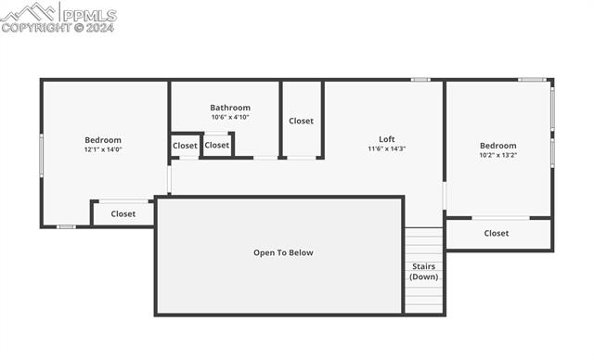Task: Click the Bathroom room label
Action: point(230,108)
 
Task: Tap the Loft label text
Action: point(387,139)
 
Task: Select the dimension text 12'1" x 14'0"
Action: point(103,149)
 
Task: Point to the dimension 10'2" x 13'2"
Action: point(497,155)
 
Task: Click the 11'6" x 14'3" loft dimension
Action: point(387,148)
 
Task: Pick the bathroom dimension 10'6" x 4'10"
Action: point(230,118)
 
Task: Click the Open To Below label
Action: point(283,252)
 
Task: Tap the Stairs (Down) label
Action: point(424,272)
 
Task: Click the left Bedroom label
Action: point(103,140)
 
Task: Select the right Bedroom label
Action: point(497,146)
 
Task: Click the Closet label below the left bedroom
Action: point(123,214)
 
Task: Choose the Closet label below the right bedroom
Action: point(497,234)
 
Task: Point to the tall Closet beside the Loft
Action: point(301,121)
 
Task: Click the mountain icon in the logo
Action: point(28,12)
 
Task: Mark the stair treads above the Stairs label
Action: point(424,245)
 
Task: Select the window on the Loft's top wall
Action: point(420,80)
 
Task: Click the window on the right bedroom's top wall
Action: point(532,80)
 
